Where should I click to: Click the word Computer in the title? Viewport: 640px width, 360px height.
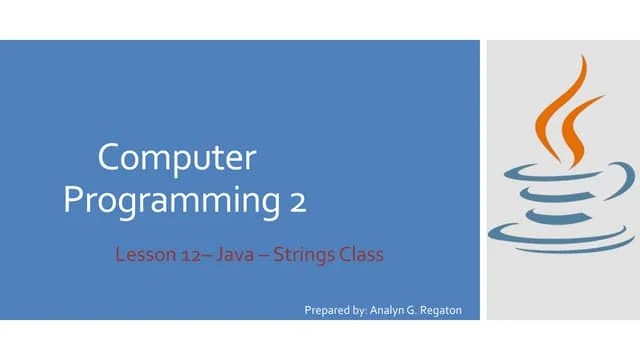pyautogui.click(x=177, y=158)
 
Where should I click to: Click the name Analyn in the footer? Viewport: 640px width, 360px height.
pyautogui.click(x=403, y=310)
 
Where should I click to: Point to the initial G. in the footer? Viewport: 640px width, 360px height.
pyautogui.click(x=433, y=310)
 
